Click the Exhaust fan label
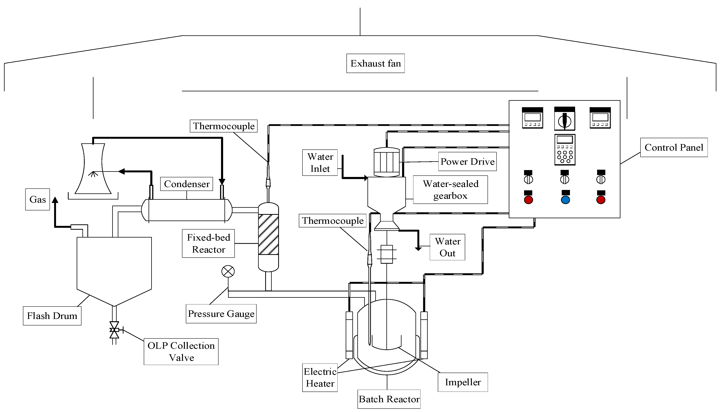click(375, 63)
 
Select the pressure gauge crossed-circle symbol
click(228, 271)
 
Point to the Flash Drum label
click(52, 316)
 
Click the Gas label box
click(37, 200)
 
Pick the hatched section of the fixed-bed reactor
click(268, 234)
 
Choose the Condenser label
click(187, 184)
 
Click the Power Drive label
click(467, 162)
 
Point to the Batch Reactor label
click(389, 399)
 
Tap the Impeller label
click(462, 382)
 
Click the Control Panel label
click(674, 147)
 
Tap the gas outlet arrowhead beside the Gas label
click(55, 200)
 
